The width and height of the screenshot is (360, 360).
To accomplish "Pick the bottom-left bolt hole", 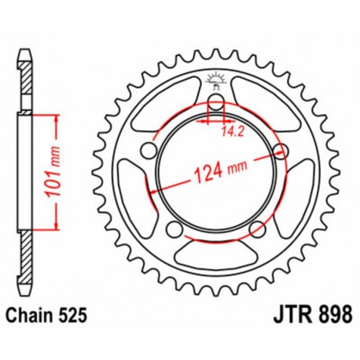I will click(172, 228).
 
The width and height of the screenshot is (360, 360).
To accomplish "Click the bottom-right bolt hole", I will click(255, 229).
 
